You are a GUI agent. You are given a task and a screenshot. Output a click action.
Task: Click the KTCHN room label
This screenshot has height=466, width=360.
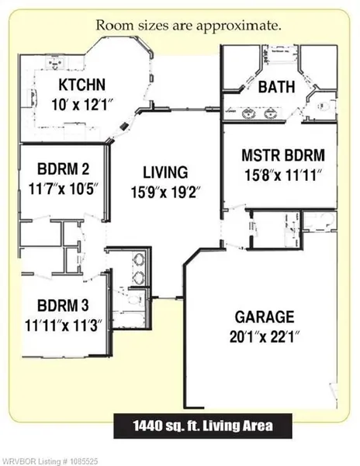coord(82,85)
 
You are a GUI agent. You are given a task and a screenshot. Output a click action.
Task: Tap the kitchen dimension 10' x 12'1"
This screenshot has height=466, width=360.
coord(83,105)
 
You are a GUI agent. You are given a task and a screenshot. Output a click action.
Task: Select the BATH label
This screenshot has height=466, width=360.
coord(277,87)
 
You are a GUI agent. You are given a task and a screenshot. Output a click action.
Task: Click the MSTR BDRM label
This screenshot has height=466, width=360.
coord(283,155)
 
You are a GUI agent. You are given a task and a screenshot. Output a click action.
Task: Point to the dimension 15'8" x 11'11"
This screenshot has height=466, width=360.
coord(283,175)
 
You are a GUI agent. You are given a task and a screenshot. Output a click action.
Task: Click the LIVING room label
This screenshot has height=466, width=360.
coord(165,172)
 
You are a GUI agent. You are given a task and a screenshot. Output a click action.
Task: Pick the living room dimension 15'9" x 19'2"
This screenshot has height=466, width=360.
coord(164,193)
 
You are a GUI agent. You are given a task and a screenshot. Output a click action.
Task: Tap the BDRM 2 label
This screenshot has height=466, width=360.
coord(63,169)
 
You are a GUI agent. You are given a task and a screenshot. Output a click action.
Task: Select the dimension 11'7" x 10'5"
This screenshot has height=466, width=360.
coord(64,189)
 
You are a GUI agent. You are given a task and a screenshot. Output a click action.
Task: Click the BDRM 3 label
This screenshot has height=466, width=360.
coord(63,305)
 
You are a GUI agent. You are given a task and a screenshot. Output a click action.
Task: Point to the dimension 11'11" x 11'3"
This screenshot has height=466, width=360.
coord(64,325)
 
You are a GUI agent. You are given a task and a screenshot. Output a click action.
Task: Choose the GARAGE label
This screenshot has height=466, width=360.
coord(265,317)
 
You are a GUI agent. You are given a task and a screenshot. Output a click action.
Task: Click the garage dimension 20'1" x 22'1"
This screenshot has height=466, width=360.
coord(264,337)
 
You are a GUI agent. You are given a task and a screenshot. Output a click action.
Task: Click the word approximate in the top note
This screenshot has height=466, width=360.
coord(238,26)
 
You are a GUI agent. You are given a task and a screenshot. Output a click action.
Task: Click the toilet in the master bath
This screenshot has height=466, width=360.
coord(324,106)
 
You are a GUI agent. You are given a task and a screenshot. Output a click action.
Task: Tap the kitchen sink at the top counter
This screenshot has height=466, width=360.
coord(56,64)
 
